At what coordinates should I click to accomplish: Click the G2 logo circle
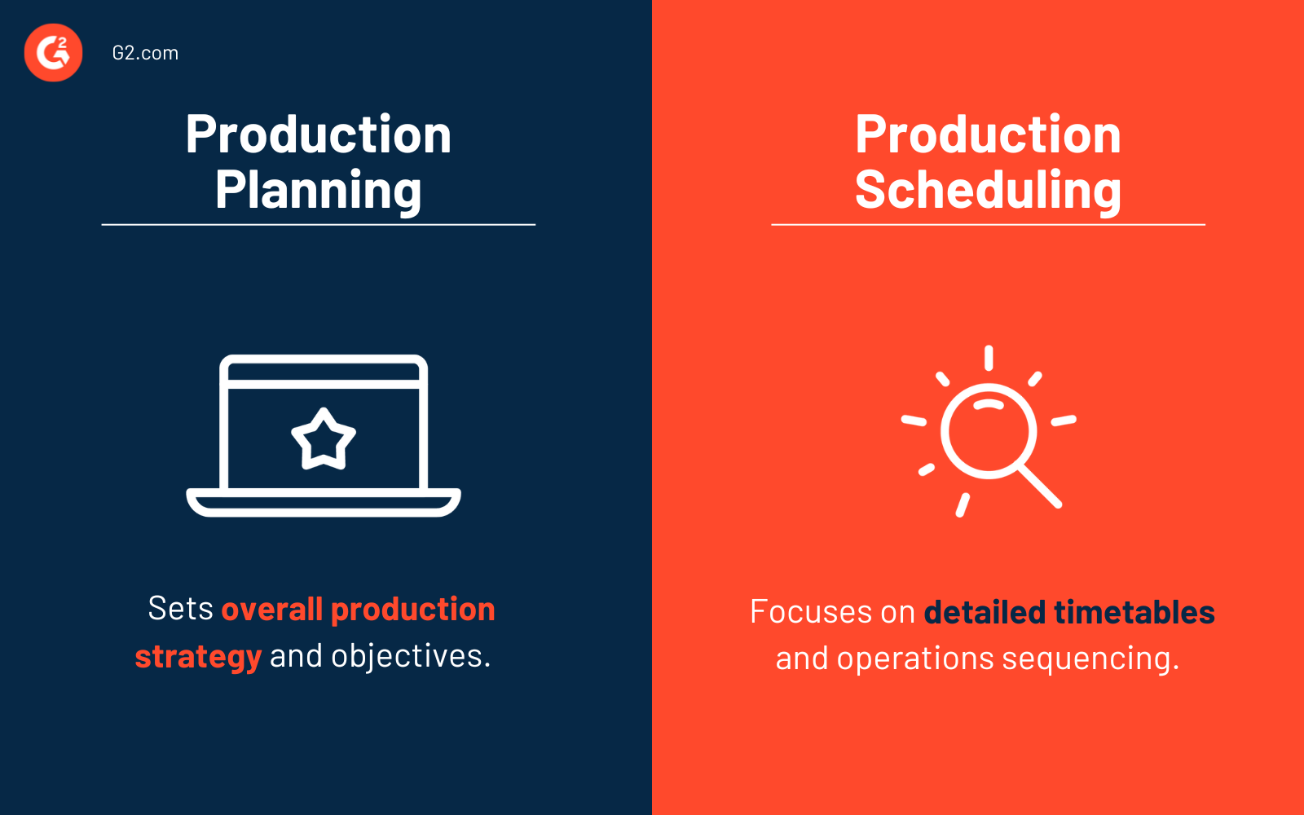tap(54, 53)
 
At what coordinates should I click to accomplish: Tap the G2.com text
tap(145, 53)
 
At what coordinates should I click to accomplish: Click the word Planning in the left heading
tap(319, 190)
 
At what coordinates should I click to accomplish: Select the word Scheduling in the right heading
tap(988, 190)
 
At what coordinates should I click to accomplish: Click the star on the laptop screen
tap(324, 439)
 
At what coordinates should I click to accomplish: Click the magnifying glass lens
tap(989, 430)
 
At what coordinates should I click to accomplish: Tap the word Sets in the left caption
tap(180, 609)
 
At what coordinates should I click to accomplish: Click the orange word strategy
tap(198, 656)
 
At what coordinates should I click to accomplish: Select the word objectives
tap(411, 656)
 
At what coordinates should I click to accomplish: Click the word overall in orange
tap(272, 609)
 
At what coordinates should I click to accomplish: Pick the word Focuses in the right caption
tap(810, 612)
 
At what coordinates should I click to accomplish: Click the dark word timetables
tap(1134, 612)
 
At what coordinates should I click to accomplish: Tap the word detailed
tap(985, 612)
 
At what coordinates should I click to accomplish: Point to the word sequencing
tap(1090, 659)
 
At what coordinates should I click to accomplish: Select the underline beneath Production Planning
tap(319, 224)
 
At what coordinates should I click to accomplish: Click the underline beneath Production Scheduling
tap(988, 224)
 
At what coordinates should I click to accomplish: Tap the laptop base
tap(324, 502)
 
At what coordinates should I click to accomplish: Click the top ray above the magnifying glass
tap(989, 358)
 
